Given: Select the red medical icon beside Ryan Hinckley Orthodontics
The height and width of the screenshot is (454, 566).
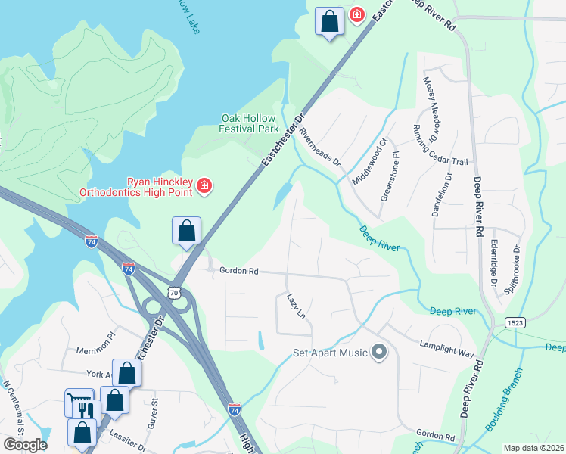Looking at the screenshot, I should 204,186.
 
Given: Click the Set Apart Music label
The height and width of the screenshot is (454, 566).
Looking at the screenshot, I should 331,353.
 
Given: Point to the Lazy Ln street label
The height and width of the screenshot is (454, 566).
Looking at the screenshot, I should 296,305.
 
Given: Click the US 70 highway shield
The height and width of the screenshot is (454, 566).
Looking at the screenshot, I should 176,291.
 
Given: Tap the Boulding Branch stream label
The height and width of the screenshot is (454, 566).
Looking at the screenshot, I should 503,400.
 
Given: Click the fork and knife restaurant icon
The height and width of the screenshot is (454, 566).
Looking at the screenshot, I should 84,409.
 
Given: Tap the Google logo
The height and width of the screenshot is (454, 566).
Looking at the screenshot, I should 25,445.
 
